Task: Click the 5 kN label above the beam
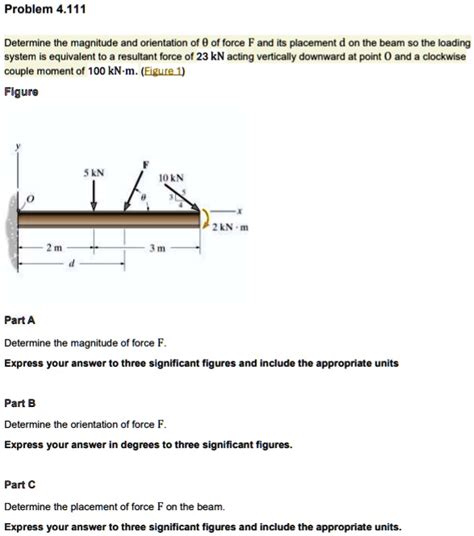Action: tap(94, 172)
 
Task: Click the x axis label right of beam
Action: tap(240, 213)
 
